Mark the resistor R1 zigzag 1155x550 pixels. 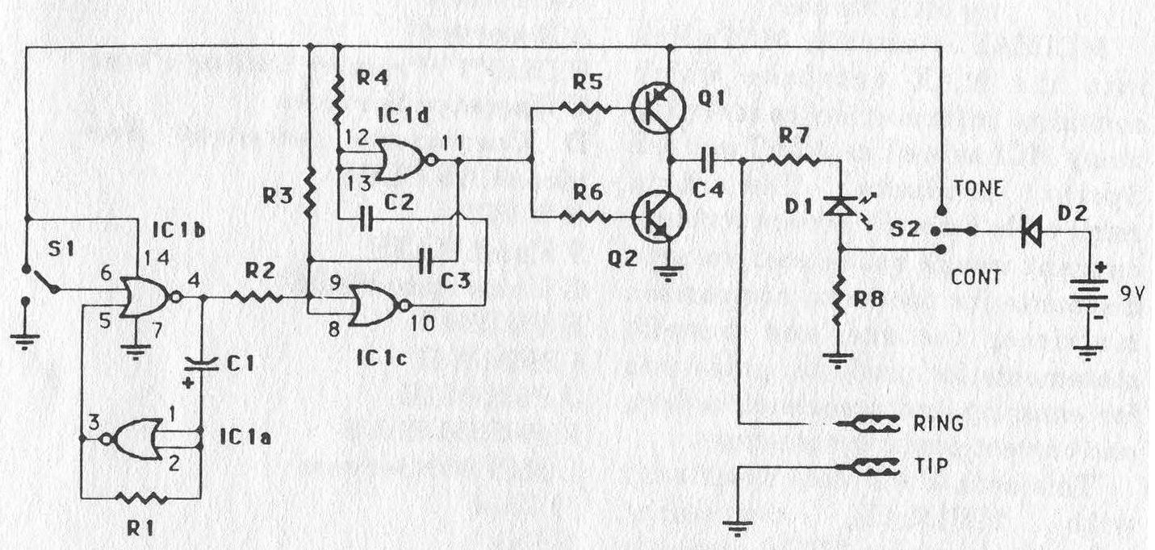point(142,498)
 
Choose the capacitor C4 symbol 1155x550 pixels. point(709,160)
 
